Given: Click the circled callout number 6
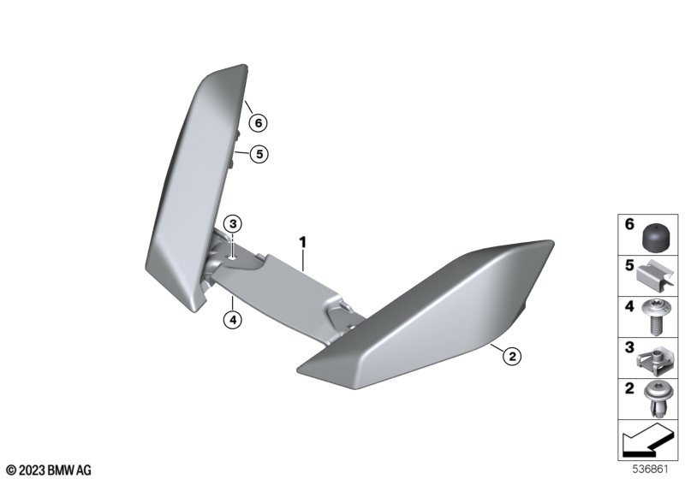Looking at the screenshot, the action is [x=259, y=123].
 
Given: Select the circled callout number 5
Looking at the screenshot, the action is [x=259, y=154].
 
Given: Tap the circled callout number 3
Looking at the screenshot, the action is [x=233, y=224].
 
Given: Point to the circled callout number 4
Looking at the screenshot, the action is [x=232, y=320].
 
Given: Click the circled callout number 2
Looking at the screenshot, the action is [x=512, y=357].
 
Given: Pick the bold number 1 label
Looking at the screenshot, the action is [x=303, y=242].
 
